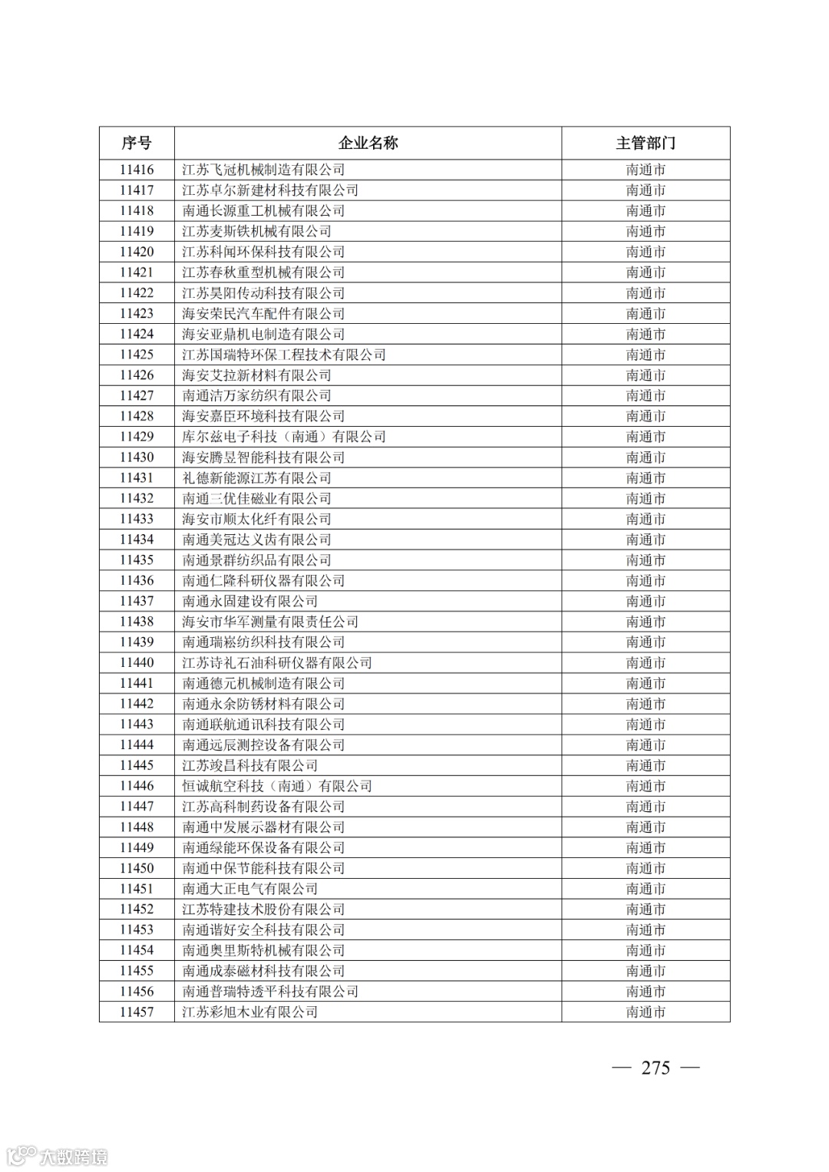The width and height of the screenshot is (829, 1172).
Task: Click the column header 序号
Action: click(137, 144)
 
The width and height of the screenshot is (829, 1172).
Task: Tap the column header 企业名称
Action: click(368, 144)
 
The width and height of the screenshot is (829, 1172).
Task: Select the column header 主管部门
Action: click(645, 144)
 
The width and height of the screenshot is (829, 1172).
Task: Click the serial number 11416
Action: click(137, 170)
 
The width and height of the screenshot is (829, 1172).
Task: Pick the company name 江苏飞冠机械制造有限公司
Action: click(263, 170)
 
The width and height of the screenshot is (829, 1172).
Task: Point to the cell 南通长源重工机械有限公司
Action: click(263, 211)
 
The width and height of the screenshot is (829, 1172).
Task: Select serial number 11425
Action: click(137, 355)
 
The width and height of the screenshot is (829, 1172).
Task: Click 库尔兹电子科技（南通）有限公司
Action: click(284, 437)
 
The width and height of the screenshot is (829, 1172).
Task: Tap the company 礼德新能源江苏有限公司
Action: click(256, 478)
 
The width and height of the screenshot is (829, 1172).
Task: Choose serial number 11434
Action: click(137, 540)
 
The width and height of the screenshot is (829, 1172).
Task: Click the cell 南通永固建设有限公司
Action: click(249, 601)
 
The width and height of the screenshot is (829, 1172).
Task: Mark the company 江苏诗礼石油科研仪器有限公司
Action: click(277, 663)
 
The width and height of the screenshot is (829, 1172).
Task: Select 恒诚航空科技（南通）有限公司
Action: click(277, 786)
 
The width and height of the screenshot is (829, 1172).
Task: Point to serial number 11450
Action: click(137, 868)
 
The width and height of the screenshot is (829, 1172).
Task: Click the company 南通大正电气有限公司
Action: click(249, 889)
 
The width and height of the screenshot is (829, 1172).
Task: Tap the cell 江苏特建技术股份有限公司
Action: click(263, 910)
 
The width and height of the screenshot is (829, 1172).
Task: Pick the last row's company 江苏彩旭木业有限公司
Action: click(249, 1012)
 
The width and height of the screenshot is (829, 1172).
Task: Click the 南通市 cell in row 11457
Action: click(645, 1012)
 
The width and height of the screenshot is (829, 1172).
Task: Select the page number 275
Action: click(656, 1068)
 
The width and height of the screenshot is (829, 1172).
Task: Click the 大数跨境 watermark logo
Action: click(57, 1156)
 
